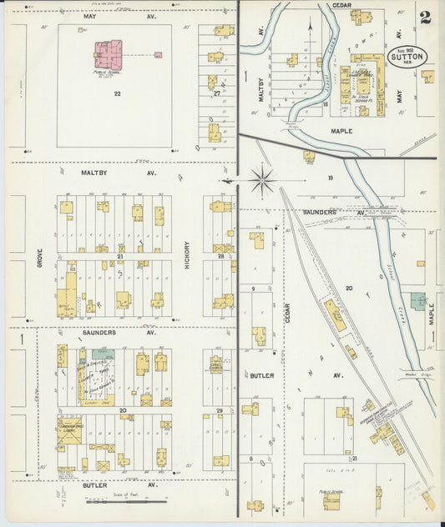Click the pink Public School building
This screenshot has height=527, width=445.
pos(108,55)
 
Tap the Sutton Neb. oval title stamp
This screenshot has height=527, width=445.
pos(408,58)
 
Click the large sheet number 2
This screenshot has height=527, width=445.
pos(427,18)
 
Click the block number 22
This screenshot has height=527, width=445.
pos(118,93)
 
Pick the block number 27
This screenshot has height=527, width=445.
pos(216,93)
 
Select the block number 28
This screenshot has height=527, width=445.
pos(221,256)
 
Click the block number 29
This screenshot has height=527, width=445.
pos(220,412)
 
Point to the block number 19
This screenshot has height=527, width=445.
pos(331,178)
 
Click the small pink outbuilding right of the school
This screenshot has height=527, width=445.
pos(158,55)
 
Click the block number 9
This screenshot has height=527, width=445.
pos(251,289)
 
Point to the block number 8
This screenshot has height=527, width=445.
pos(251,458)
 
